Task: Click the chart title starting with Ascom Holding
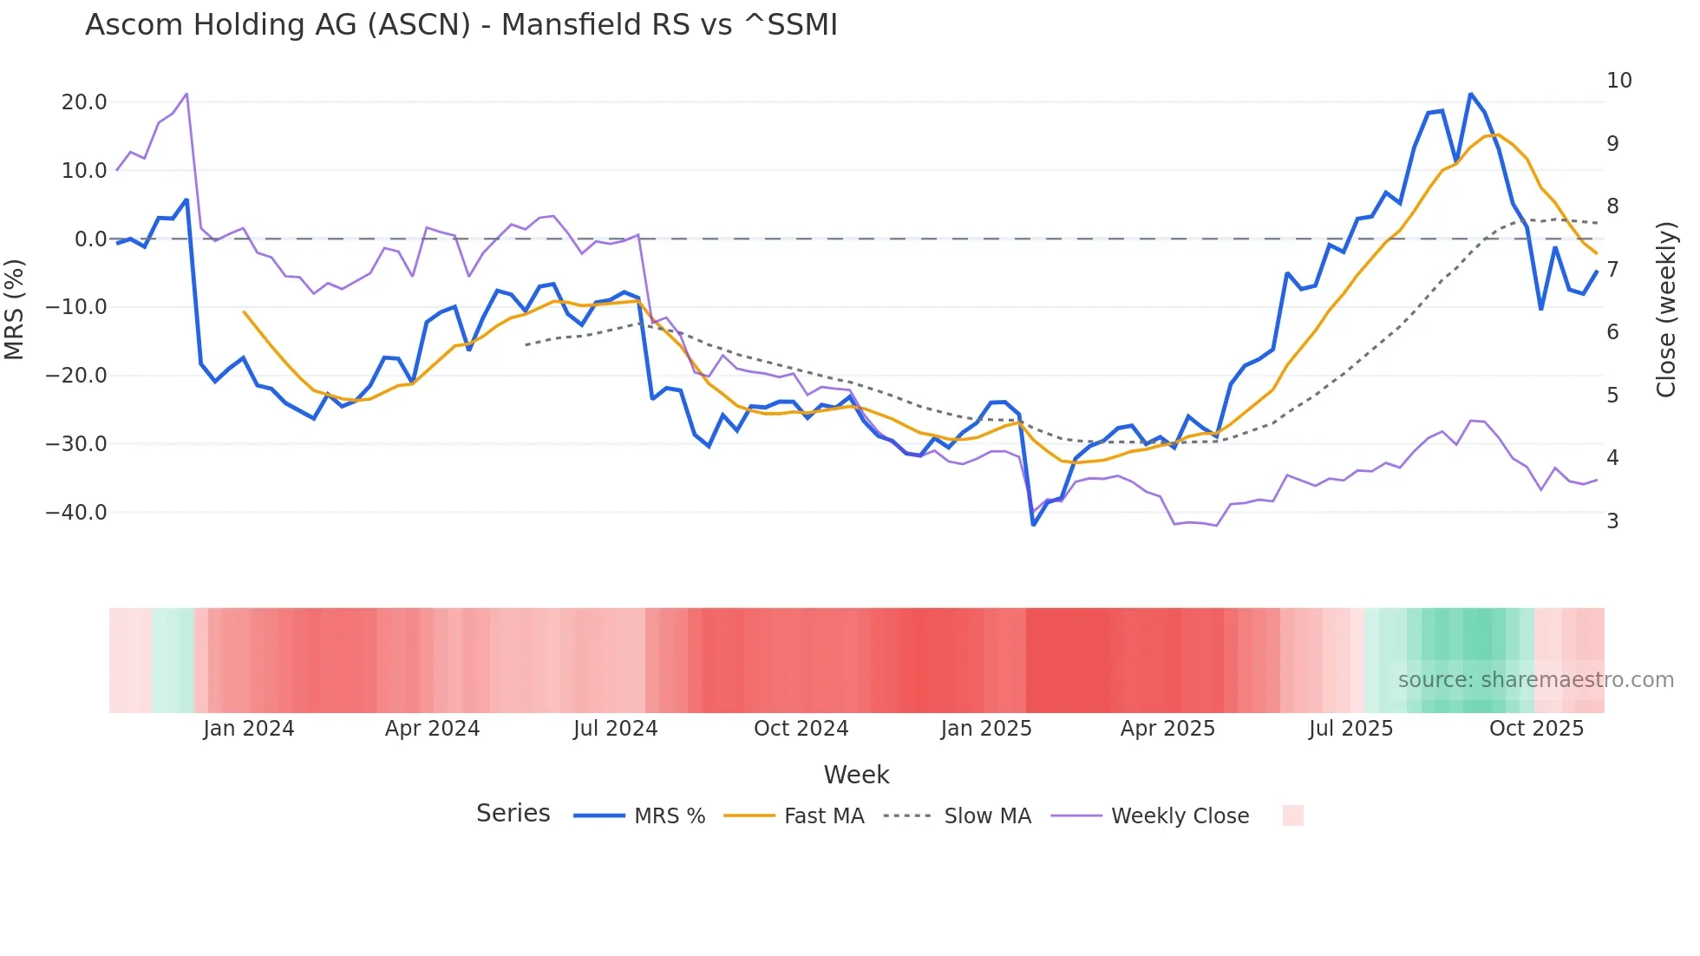tap(461, 25)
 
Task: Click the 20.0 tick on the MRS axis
tap(84, 102)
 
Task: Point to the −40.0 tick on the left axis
tap(76, 513)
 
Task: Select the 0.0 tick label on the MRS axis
tap(90, 239)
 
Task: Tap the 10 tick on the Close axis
tap(1618, 81)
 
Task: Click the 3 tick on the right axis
tap(1612, 521)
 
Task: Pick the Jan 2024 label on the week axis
tap(249, 729)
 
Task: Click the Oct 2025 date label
tap(1536, 729)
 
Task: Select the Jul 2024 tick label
tap(615, 729)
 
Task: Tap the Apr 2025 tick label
tap(1167, 729)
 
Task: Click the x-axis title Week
tap(856, 775)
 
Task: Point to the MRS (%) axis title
tap(15, 310)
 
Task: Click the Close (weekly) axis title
tap(1666, 310)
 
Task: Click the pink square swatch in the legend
tap(1292, 815)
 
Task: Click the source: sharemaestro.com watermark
tap(1535, 680)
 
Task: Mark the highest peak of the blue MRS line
tap(1470, 94)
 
